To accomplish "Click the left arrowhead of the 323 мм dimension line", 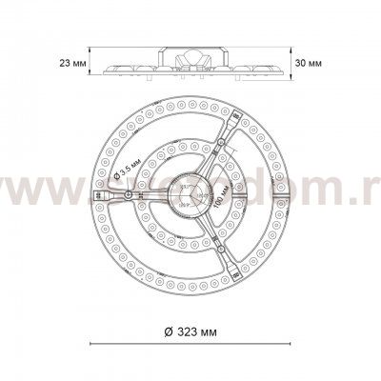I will [92, 343].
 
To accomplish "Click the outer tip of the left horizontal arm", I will [95, 198].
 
